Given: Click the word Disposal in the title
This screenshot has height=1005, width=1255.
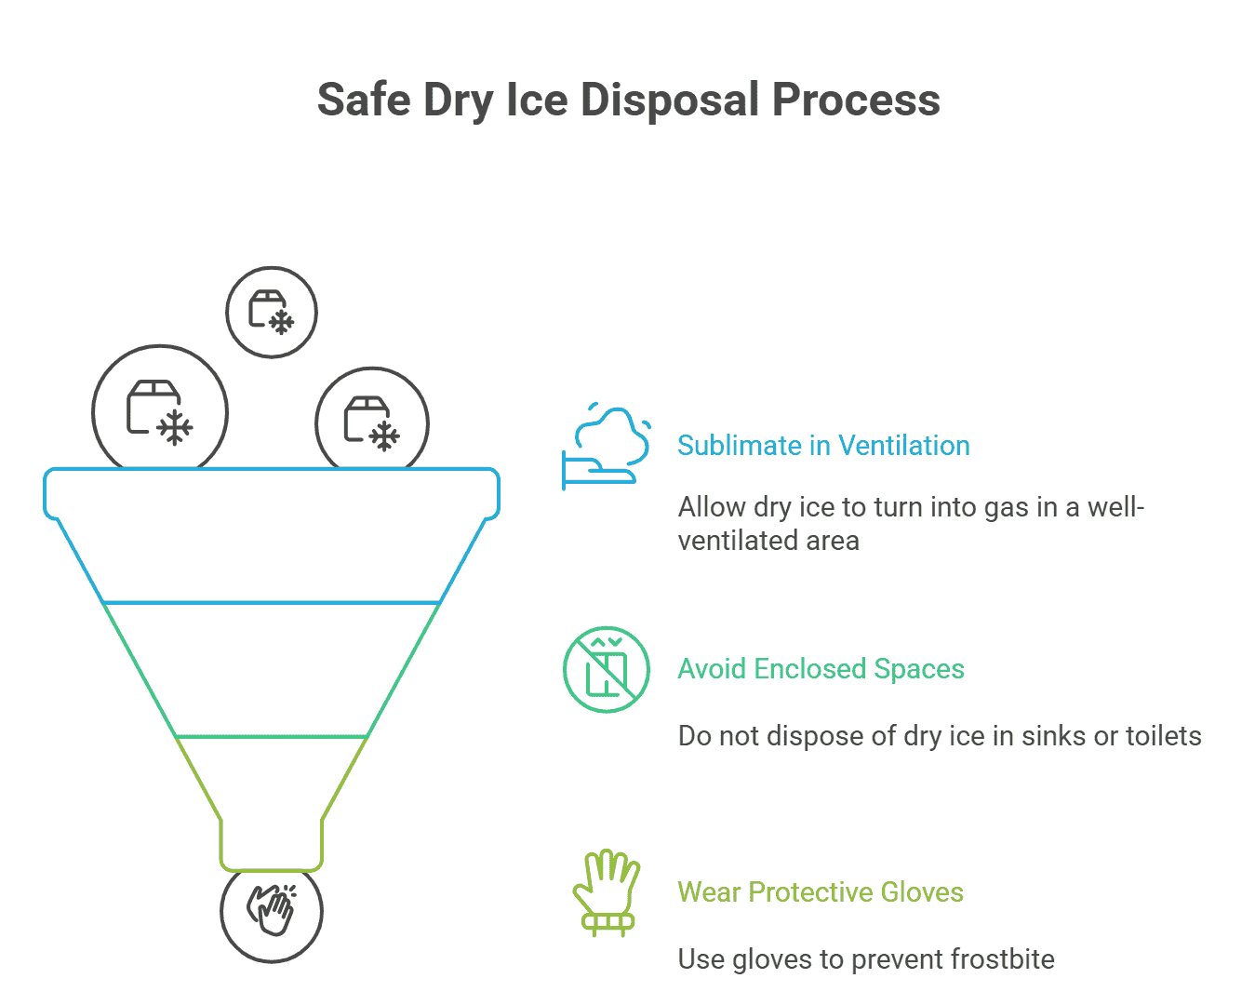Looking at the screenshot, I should (x=671, y=100).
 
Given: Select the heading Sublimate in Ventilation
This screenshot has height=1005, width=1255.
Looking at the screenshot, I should (x=823, y=446).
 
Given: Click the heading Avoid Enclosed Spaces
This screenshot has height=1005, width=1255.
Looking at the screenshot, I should (x=821, y=669).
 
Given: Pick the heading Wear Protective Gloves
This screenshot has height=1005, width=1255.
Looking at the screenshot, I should (x=820, y=892).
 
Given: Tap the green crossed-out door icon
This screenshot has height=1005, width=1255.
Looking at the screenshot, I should (x=607, y=670).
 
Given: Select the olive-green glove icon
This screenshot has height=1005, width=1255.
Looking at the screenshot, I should (x=607, y=893).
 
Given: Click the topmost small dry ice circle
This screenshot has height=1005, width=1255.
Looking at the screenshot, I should (x=272, y=312).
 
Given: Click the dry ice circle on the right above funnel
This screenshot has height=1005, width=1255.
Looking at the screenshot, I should (x=372, y=422).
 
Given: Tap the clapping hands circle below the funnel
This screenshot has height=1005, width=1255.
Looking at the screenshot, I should (x=272, y=911).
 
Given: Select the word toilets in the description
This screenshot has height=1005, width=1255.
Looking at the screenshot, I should (x=1163, y=736).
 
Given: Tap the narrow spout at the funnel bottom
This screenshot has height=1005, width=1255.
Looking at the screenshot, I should (x=272, y=842).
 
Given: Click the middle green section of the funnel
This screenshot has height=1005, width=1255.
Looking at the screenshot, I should (x=272, y=670).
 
